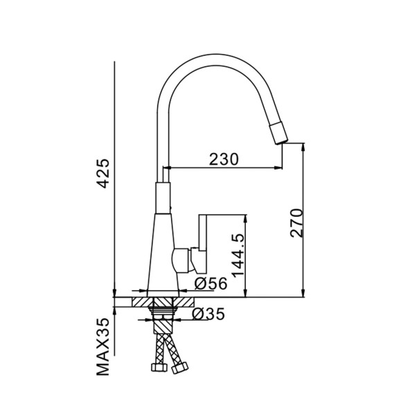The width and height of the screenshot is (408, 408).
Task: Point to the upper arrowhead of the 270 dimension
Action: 303,148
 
